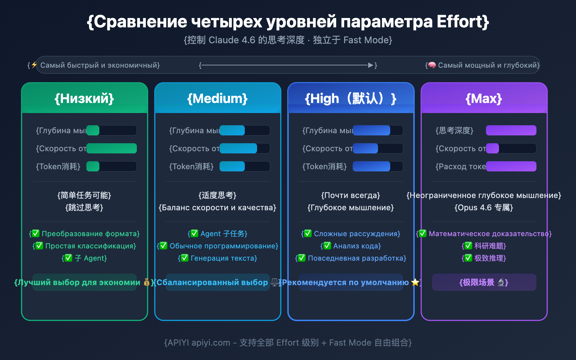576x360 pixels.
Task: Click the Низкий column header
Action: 84,98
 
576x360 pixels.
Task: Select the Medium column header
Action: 217,98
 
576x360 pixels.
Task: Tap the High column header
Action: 351,98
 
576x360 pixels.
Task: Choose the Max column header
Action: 484,98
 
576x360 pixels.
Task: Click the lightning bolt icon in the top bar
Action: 34,65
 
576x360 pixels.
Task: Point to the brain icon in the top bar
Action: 432,65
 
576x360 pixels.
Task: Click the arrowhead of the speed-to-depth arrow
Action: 370,65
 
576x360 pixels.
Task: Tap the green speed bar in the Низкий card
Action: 112,148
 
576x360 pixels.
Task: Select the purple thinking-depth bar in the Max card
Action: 511,130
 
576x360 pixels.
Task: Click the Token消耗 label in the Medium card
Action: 191,166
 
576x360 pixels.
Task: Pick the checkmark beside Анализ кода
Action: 327,246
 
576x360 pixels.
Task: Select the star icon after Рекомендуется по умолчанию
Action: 415,282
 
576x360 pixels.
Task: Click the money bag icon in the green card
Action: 147,282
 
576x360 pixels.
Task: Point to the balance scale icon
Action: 274,282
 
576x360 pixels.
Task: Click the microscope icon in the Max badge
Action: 501,282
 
